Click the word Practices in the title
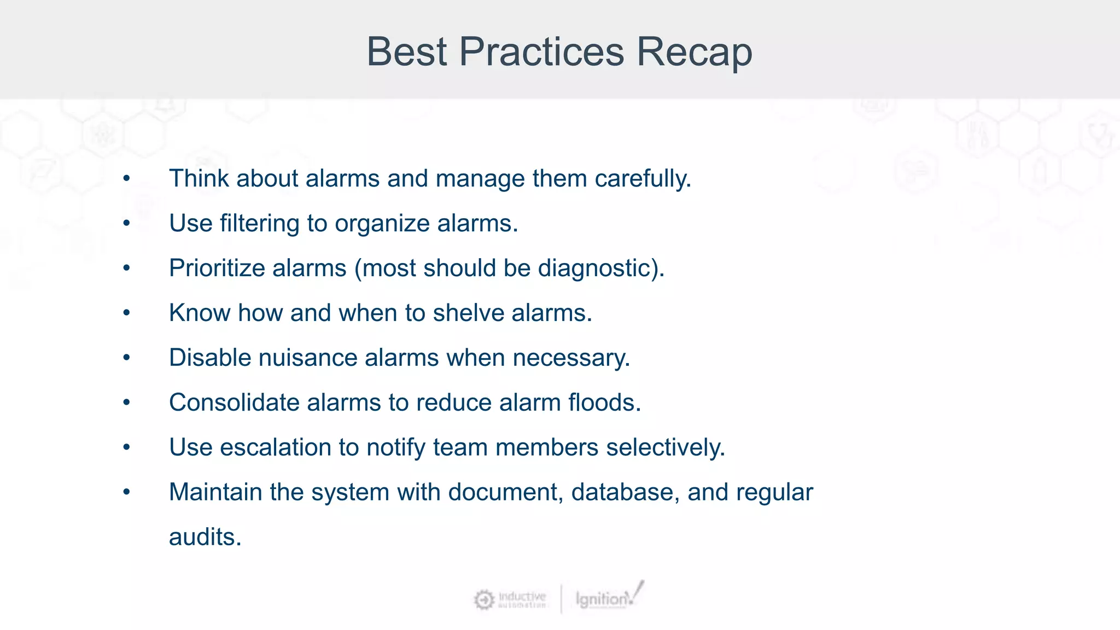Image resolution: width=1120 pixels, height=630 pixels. (541, 52)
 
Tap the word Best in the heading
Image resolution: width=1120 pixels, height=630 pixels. (407, 52)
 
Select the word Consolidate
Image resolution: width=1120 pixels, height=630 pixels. (234, 403)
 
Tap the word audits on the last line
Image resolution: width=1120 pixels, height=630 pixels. (205, 538)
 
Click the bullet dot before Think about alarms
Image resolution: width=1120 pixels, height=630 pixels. (126, 179)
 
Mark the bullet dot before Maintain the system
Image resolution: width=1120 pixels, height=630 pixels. (126, 493)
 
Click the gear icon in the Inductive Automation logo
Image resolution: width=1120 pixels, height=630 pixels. (484, 600)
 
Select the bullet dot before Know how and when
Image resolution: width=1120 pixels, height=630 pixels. (126, 313)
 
